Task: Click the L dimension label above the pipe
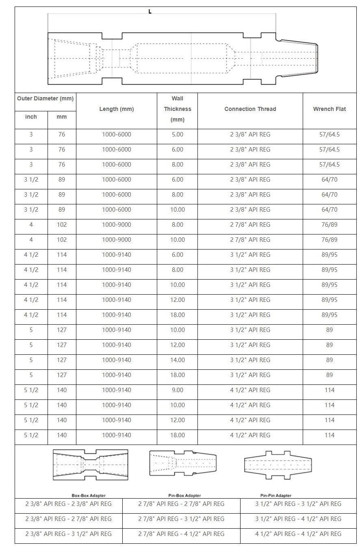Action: point(150,12)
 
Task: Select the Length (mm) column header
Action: point(117,109)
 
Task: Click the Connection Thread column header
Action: point(250,109)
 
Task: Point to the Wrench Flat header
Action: point(329,109)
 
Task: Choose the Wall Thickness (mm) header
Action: point(178,109)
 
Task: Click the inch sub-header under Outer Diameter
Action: point(31,117)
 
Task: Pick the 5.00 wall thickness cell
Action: point(178,135)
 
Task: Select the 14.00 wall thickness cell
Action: point(178,360)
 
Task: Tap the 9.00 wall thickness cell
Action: point(178,390)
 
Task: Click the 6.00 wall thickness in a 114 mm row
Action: point(178,255)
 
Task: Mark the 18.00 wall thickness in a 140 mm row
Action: point(178,435)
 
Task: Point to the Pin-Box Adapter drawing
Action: point(183,464)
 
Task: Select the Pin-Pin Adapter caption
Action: point(276,495)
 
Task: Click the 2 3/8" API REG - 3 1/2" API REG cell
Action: point(69,534)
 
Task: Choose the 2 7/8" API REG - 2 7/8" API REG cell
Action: point(181,504)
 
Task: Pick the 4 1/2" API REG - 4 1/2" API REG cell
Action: point(298,534)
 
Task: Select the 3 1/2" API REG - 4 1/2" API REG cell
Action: point(298,519)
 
